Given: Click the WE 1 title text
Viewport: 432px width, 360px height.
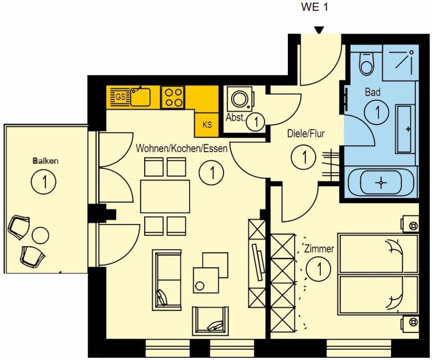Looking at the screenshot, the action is pyautogui.click(x=314, y=7).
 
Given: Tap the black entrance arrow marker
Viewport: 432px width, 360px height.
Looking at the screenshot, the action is pyautogui.click(x=319, y=30).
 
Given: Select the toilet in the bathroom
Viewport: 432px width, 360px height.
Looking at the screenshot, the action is pyautogui.click(x=367, y=63).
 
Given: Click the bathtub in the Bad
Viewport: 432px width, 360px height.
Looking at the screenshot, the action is pyautogui.click(x=381, y=182).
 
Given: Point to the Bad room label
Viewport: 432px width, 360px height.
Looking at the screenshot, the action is pyautogui.click(x=373, y=92).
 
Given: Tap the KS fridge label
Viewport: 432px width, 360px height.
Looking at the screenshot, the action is pyautogui.click(x=207, y=125).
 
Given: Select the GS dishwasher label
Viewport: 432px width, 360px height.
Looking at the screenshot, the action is pyautogui.click(x=120, y=97).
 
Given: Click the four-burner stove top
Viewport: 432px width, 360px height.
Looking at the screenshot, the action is pyautogui.click(x=173, y=98).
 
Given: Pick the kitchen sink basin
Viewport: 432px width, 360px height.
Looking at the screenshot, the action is pyautogui.click(x=140, y=97).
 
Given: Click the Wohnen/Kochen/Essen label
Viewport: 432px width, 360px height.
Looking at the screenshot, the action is pyautogui.click(x=181, y=148).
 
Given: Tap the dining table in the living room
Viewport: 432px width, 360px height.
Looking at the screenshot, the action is pyautogui.click(x=165, y=196).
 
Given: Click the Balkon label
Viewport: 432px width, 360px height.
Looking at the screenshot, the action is pyautogui.click(x=45, y=161).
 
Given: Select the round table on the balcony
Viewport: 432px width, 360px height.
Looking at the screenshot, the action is pyautogui.click(x=40, y=235).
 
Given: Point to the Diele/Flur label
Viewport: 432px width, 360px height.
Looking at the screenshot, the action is pyautogui.click(x=306, y=134).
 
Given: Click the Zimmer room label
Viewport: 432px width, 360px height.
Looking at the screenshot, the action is pyautogui.click(x=319, y=249).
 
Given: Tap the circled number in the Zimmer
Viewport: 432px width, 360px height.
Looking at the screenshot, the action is pyautogui.click(x=319, y=269).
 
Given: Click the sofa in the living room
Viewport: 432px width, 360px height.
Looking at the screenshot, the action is pyautogui.click(x=167, y=280).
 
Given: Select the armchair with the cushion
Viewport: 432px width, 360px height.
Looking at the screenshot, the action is pyautogui.click(x=211, y=321).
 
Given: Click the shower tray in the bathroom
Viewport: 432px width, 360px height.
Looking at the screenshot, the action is pyautogui.click(x=401, y=63).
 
